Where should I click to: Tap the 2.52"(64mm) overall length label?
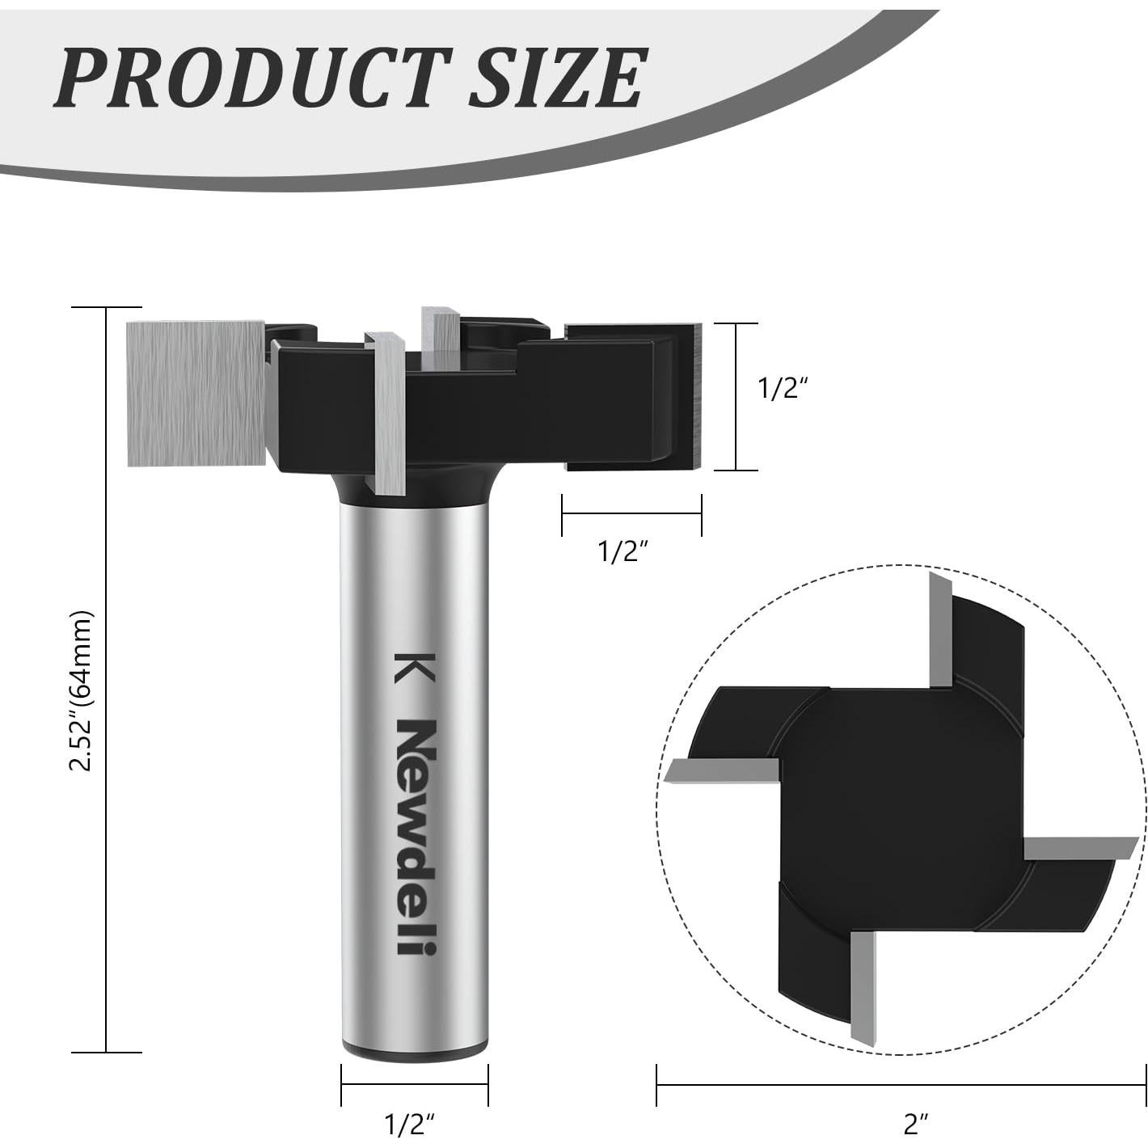(82, 690)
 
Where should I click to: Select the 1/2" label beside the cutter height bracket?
(783, 389)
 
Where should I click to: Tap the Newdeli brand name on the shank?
(416, 837)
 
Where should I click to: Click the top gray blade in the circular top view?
(939, 631)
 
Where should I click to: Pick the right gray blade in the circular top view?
(1079, 849)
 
